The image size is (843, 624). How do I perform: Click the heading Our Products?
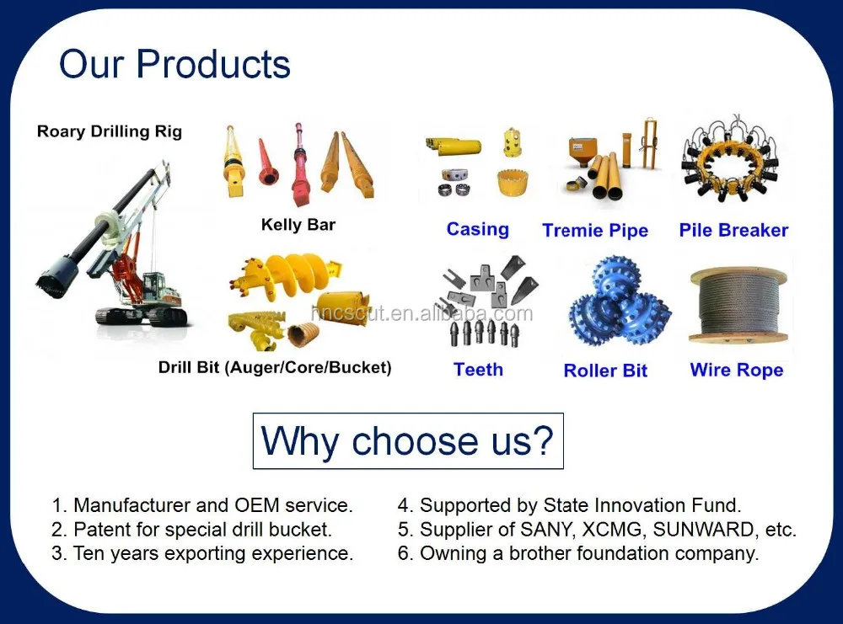click(175, 64)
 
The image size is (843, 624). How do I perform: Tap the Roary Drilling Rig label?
click(110, 131)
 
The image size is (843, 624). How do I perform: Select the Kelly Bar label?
click(298, 225)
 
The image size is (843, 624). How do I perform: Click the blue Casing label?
click(477, 229)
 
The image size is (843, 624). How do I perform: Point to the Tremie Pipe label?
click(595, 231)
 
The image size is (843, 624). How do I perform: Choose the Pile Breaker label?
click(734, 230)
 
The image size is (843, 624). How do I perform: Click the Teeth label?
click(479, 370)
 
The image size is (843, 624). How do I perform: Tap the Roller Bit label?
click(605, 371)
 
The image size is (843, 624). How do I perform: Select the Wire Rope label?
click(737, 370)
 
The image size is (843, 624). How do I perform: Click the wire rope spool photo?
click(738, 305)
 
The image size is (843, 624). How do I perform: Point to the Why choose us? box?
click(408, 441)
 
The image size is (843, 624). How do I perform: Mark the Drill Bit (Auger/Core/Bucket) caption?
click(275, 368)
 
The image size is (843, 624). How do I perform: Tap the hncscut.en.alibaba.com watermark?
click(422, 313)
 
